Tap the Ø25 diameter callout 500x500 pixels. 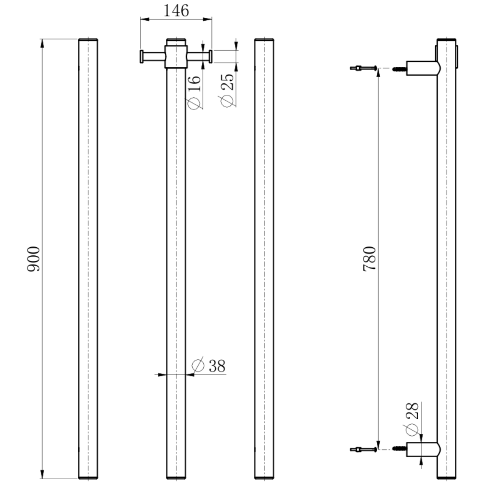(x=226, y=89)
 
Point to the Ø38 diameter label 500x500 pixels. (x=209, y=366)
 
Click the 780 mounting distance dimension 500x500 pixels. (x=370, y=259)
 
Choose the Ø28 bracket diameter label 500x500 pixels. (x=412, y=417)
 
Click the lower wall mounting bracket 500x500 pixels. (x=422, y=449)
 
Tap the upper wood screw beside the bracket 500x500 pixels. (x=399, y=68)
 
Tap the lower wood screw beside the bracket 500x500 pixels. (x=399, y=449)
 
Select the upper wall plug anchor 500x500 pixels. (x=363, y=68)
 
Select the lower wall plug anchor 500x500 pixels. (x=363, y=449)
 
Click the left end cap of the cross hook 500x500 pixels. (x=142, y=56)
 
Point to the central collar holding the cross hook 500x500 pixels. (x=176, y=55)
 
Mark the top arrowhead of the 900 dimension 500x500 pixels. (x=42, y=43)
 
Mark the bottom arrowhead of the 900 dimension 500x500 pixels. (x=42, y=475)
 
